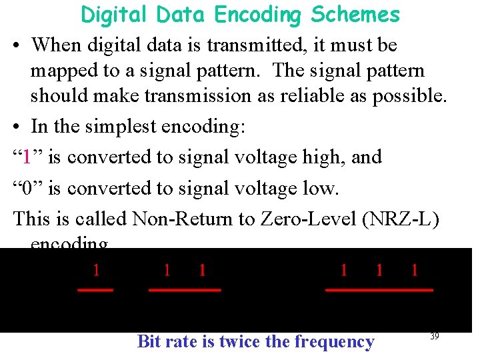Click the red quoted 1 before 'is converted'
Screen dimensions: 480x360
pyautogui.click(x=26, y=157)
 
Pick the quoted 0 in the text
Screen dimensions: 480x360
pyautogui.click(x=27, y=189)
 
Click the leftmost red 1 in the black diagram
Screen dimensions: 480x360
pyautogui.click(x=96, y=270)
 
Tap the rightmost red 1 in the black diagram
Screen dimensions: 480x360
pyautogui.click(x=415, y=270)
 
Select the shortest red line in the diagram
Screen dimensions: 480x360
pyautogui.click(x=95, y=290)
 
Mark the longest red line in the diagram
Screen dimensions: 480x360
pyautogui.click(x=379, y=290)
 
